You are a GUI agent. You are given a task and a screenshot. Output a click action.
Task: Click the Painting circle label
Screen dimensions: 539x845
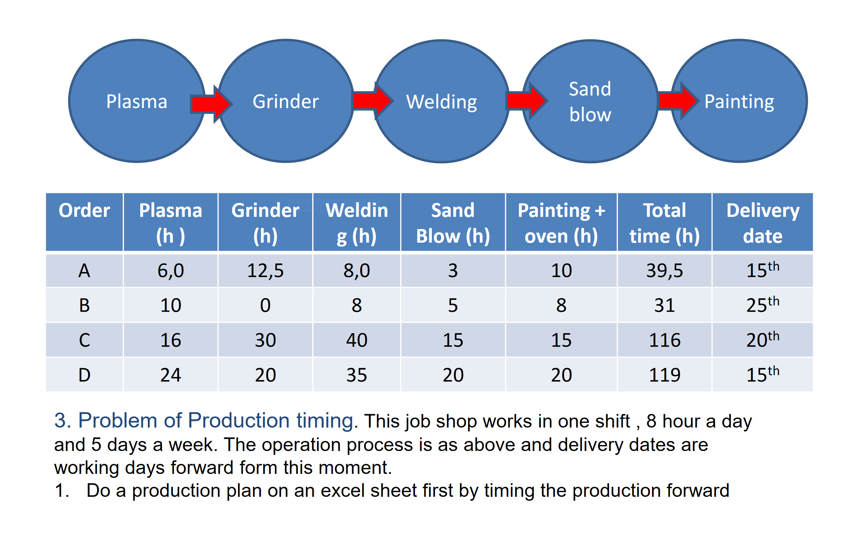[739, 102]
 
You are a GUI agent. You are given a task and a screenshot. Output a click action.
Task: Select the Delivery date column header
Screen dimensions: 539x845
[763, 223]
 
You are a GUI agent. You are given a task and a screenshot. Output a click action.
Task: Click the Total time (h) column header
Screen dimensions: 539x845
[665, 223]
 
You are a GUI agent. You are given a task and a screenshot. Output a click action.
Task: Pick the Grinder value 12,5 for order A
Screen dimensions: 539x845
[265, 271]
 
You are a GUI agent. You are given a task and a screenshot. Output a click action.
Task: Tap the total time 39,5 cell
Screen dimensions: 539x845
[665, 271]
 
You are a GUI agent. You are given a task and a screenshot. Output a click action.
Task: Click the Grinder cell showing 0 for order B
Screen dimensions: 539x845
[265, 305]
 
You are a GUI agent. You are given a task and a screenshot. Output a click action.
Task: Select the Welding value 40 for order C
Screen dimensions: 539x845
[357, 340]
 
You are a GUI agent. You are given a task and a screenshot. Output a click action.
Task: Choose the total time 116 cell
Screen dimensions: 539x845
[665, 340]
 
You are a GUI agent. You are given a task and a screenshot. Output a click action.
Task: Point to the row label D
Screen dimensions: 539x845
[84, 375]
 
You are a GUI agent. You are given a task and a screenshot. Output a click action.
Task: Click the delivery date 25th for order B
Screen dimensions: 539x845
[763, 305]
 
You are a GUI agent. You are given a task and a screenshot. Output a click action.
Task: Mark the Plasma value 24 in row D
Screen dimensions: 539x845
[171, 375]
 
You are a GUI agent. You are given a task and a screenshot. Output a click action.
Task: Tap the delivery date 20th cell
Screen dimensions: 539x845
[763, 340]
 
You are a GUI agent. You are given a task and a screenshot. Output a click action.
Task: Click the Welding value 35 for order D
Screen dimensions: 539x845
[357, 375]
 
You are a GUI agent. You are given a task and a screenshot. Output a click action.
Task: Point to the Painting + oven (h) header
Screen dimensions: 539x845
[561, 223]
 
